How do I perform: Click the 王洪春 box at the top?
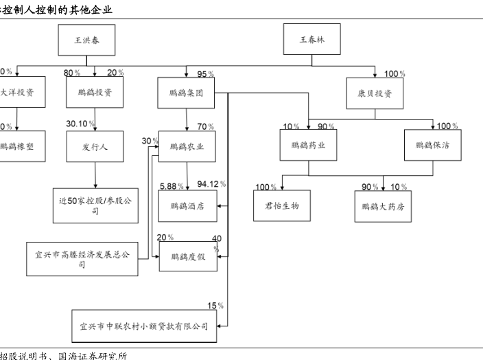click(87, 40)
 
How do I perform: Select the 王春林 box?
click(312, 40)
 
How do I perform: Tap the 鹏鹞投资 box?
click(94, 93)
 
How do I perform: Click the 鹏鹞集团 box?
click(187, 93)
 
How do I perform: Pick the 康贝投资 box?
click(375, 93)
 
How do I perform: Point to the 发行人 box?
click(94, 146)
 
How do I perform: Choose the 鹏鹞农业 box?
click(187, 146)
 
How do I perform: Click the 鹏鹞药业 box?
click(308, 145)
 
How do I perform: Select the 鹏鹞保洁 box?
click(432, 145)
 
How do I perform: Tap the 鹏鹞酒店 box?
click(187, 205)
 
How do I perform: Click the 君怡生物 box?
click(282, 205)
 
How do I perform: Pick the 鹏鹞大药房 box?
click(384, 205)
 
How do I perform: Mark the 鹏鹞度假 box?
click(187, 258)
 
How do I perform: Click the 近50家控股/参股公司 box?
click(95, 205)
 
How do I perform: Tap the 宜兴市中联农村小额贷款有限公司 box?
click(143, 325)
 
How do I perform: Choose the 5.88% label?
click(171, 185)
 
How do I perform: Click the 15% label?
click(215, 305)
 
